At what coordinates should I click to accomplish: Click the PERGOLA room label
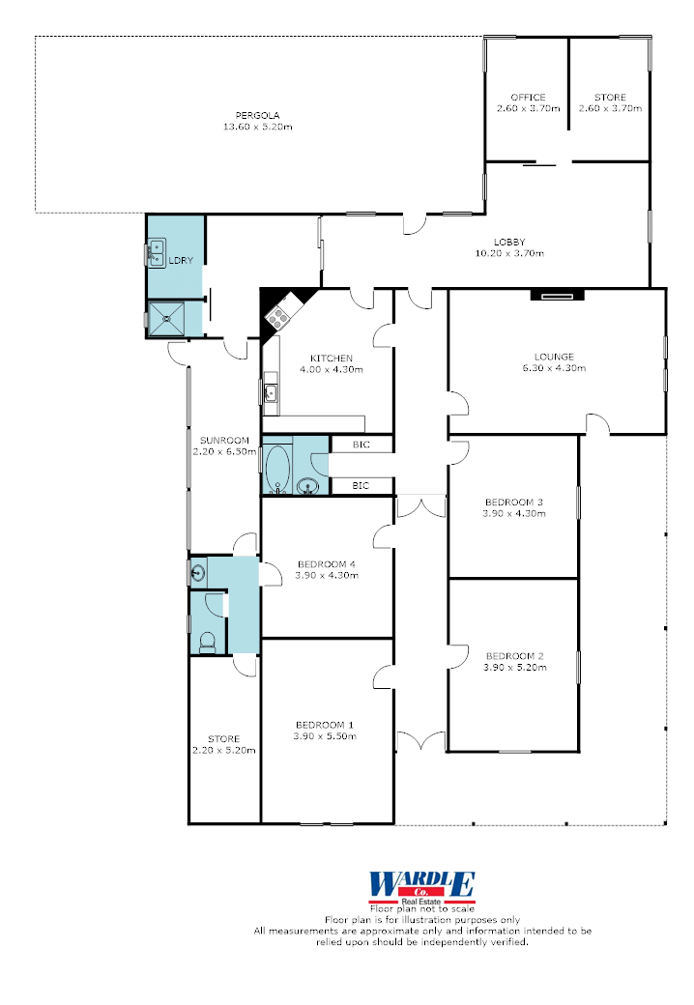(x=258, y=115)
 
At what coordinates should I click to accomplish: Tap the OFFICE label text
(x=528, y=98)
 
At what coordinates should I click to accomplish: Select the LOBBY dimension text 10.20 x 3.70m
(x=509, y=253)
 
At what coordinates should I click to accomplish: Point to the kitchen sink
(x=271, y=392)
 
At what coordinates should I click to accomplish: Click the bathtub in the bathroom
(x=277, y=469)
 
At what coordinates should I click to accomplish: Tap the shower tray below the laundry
(x=166, y=318)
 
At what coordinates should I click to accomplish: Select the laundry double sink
(x=157, y=252)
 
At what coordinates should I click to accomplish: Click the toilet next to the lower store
(x=208, y=643)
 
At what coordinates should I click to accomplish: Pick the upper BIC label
(x=361, y=445)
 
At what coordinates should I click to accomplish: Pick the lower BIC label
(x=361, y=486)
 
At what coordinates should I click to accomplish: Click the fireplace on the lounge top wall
(x=558, y=296)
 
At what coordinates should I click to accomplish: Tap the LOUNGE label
(x=554, y=357)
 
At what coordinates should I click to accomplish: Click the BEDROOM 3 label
(x=514, y=502)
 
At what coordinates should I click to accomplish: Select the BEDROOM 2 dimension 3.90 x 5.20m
(x=515, y=667)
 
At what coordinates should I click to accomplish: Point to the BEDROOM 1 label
(x=324, y=725)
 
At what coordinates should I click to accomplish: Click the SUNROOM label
(x=224, y=441)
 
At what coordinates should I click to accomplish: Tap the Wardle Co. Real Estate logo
(x=422, y=887)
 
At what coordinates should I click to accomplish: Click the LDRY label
(x=181, y=261)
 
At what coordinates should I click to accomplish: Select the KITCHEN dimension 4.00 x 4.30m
(x=332, y=370)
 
